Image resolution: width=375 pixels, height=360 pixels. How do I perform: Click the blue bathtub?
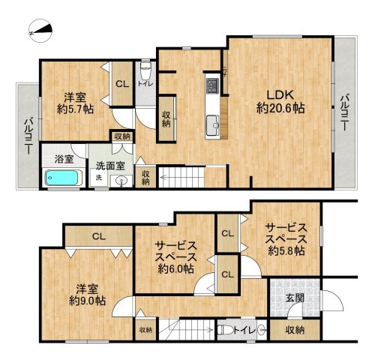[58, 178]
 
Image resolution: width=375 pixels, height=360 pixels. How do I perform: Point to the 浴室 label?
[64, 159]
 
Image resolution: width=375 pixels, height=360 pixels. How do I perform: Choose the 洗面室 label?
[109, 165]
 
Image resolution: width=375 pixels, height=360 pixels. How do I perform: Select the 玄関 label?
[295, 298]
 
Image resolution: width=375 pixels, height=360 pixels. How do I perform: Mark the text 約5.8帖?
[286, 250]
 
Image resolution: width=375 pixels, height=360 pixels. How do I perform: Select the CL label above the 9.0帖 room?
[98, 236]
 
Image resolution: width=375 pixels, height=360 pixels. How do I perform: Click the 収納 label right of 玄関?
[295, 329]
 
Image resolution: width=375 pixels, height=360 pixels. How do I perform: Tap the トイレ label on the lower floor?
[241, 329]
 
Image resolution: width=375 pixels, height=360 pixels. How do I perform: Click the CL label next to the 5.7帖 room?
[121, 84]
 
